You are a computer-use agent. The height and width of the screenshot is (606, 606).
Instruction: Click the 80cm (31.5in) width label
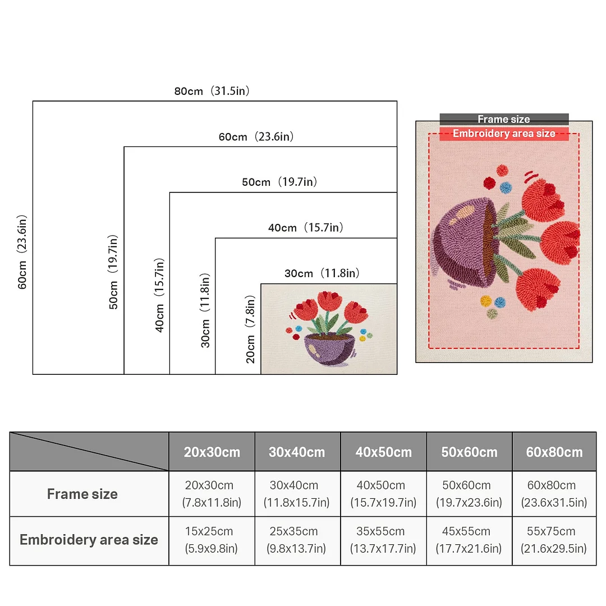(x=212, y=91)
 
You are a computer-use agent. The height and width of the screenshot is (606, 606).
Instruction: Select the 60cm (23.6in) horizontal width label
(x=256, y=136)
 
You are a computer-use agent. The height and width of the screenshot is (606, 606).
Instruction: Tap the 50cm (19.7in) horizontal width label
(x=279, y=182)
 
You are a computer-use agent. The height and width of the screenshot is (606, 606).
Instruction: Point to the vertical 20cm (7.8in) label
(x=250, y=329)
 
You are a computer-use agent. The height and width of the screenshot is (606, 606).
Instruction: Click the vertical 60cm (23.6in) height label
(x=22, y=252)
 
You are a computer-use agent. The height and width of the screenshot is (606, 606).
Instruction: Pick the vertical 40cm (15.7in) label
(x=159, y=295)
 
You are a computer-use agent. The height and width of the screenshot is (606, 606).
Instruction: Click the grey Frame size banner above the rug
(x=504, y=119)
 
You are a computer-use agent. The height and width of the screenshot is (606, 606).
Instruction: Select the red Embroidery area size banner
(x=504, y=134)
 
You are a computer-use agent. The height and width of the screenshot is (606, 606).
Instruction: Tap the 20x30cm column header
(x=212, y=452)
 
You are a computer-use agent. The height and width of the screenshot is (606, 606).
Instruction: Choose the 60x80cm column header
(x=554, y=452)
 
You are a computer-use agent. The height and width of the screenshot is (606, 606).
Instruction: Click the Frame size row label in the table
(x=82, y=494)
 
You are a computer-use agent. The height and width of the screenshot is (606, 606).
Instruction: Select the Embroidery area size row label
(x=89, y=540)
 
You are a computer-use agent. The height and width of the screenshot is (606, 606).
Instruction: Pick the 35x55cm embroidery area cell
(x=383, y=540)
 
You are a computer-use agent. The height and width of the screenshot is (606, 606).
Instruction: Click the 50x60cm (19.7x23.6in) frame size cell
(x=469, y=494)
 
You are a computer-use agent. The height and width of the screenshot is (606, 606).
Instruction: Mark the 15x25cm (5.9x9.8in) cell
(x=211, y=540)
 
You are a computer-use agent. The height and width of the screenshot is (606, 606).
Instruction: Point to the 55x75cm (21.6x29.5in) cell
(x=553, y=540)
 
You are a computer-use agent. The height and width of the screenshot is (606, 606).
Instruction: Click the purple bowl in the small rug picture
(x=329, y=350)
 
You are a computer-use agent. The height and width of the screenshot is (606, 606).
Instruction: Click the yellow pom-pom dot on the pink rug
(x=486, y=301)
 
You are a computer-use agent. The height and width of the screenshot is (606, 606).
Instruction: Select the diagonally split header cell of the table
(x=89, y=452)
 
